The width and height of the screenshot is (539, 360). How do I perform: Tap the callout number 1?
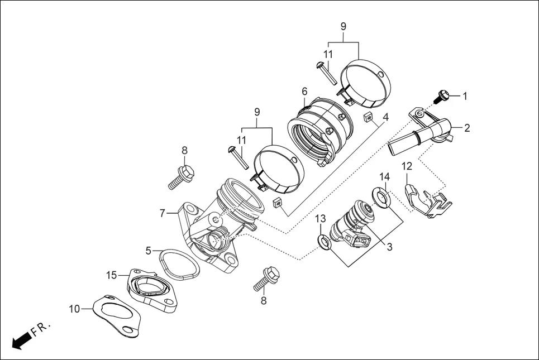[x=465, y=96]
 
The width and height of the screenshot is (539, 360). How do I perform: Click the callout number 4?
[x=385, y=118]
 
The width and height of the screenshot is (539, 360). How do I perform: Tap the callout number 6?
[x=304, y=91]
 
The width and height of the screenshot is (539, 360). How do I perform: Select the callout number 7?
[x=162, y=213]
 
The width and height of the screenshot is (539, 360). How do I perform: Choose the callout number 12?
[x=407, y=166]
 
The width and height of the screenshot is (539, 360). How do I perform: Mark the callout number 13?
[x=320, y=218]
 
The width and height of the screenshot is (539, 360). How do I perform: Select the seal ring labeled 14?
[x=380, y=197]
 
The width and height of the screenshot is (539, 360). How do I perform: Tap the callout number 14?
[x=384, y=177]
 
